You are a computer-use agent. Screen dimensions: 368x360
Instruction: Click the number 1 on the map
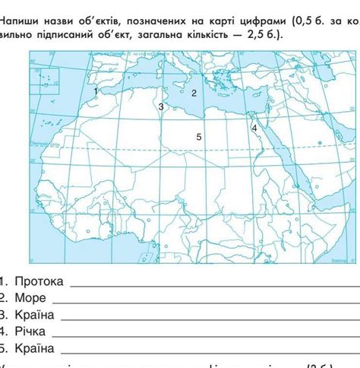click(x=96, y=90)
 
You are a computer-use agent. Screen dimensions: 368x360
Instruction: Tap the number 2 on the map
click(x=194, y=93)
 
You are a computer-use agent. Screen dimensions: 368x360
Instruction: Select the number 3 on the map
click(x=161, y=107)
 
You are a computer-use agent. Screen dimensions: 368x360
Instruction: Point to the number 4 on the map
click(x=254, y=128)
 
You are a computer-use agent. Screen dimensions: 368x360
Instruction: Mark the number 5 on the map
click(x=198, y=137)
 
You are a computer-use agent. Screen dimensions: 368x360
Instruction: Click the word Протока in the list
click(x=39, y=281)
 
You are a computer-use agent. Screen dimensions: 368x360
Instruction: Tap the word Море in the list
click(x=30, y=298)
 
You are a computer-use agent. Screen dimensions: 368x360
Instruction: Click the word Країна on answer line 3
click(x=34, y=315)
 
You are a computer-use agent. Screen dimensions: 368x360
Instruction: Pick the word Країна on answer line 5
click(x=34, y=348)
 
